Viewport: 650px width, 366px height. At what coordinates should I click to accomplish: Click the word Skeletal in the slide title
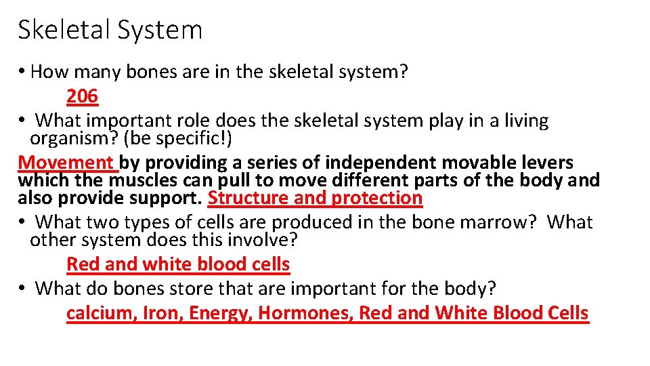coord(62,30)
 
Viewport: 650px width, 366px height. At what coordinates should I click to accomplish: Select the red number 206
coord(82,97)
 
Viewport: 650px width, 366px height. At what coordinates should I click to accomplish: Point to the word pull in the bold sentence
coord(234,180)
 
